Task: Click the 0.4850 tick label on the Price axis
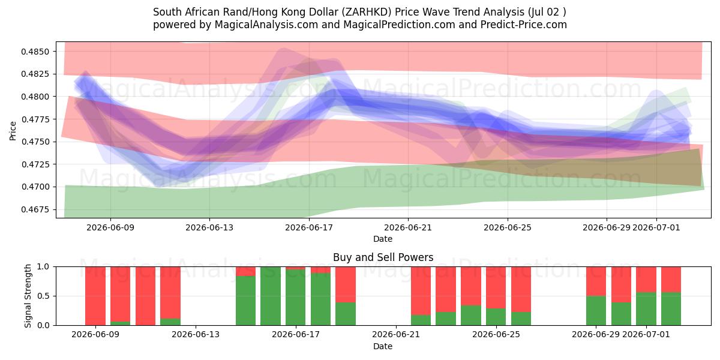(35, 52)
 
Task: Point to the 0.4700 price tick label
(35, 187)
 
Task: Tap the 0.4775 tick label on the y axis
(35, 119)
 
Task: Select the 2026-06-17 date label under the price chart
(309, 227)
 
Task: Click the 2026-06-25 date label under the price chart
(508, 227)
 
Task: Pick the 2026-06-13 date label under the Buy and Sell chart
(196, 335)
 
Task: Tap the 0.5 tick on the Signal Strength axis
(43, 296)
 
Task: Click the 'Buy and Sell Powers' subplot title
(383, 257)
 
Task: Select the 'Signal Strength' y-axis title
(28, 296)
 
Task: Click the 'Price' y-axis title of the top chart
(13, 131)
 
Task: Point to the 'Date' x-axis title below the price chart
(383, 239)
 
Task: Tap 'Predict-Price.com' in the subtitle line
(524, 25)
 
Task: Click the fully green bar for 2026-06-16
(271, 296)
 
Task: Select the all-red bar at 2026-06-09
(95, 296)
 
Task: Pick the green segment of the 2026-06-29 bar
(596, 311)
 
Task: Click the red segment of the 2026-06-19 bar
(346, 284)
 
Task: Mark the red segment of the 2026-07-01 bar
(646, 280)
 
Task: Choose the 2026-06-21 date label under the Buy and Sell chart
(396, 335)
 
